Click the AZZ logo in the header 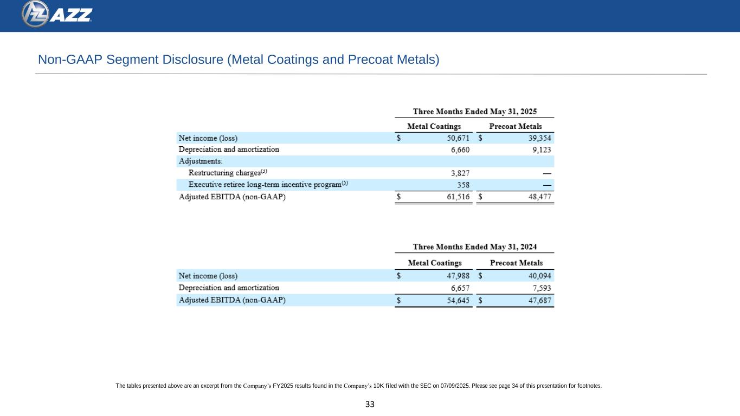57,15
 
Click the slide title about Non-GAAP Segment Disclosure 238,60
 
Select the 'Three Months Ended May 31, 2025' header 475,112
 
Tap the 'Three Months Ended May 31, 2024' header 475,247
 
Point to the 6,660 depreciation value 460,149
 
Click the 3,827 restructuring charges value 460,173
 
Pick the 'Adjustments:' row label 201,161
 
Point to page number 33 370,404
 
